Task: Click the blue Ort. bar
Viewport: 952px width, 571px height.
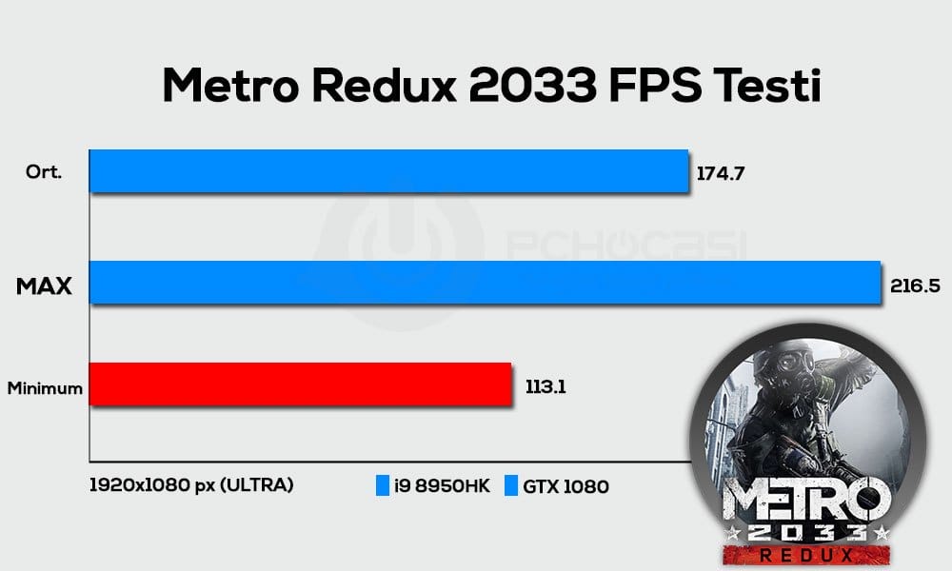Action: [x=388, y=171]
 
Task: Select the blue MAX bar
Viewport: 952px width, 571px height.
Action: [x=486, y=284]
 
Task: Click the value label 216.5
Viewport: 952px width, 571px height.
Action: [x=915, y=284]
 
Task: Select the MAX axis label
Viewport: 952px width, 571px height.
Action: [x=44, y=285]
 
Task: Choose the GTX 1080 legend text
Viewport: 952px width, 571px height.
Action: [x=565, y=486]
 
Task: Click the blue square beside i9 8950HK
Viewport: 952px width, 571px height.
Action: [x=382, y=486]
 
